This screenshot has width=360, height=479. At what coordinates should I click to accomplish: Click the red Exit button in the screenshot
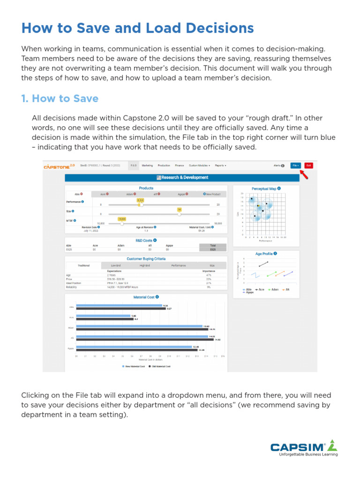click(x=308, y=165)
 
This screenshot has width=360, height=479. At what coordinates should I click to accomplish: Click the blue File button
click(x=296, y=165)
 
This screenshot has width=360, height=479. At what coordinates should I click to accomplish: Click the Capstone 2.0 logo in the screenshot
click(x=59, y=166)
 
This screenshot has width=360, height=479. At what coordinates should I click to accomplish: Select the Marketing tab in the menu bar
click(x=147, y=165)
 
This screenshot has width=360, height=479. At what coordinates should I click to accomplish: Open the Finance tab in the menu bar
click(x=180, y=165)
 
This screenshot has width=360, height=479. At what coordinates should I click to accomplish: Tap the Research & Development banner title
click(x=185, y=178)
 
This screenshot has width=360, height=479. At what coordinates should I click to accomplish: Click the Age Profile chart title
click(x=264, y=254)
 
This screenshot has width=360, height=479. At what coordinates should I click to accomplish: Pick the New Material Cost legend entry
click(x=134, y=367)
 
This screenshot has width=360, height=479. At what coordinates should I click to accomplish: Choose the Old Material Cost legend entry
click(x=161, y=367)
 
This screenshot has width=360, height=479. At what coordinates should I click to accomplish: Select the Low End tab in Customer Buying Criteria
click(x=116, y=265)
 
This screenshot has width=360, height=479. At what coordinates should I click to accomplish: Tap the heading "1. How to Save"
click(x=60, y=99)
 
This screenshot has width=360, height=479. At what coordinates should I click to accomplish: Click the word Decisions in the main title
click(x=219, y=28)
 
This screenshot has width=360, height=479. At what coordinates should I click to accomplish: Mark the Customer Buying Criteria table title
click(x=146, y=259)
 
